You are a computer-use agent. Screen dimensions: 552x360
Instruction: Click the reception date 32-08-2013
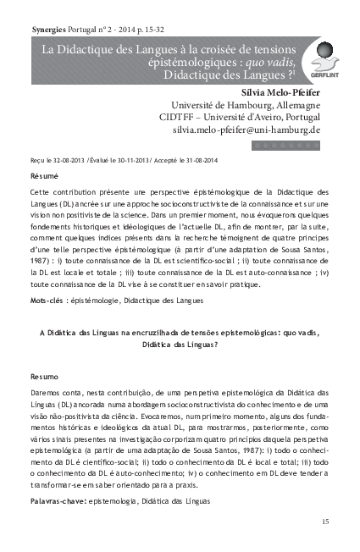tap(68, 159)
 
